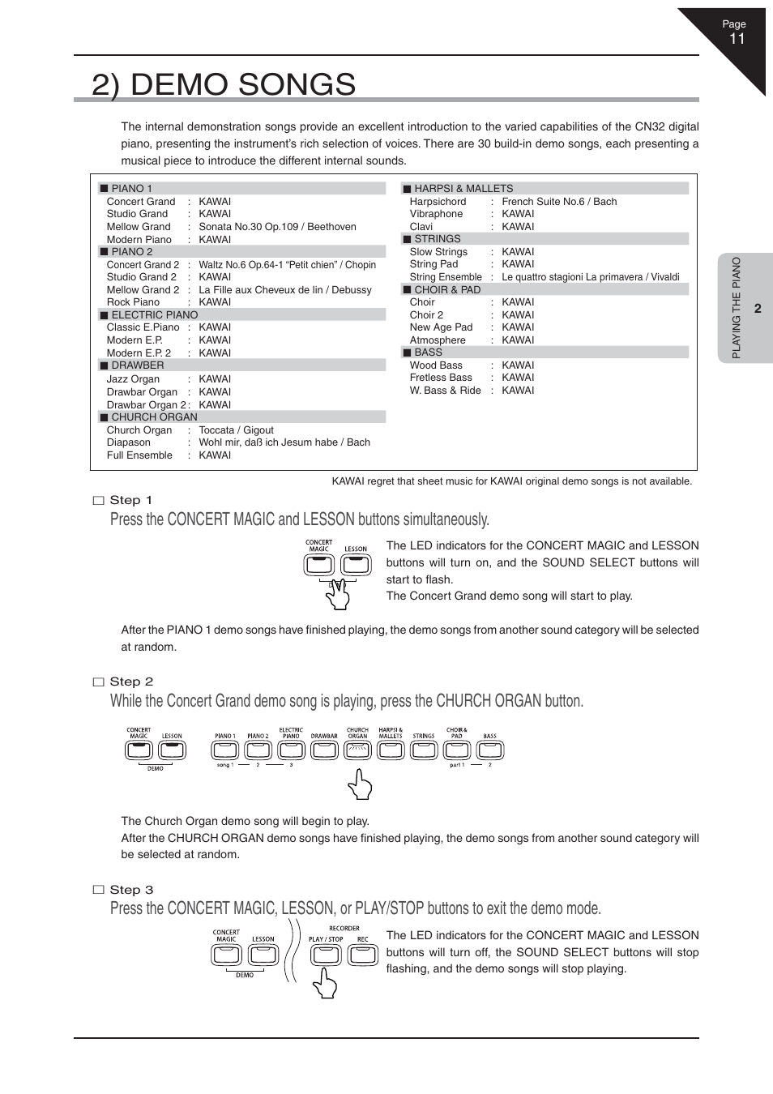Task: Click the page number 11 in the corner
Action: coord(737,39)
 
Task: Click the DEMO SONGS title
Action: coord(224,84)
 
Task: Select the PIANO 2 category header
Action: coord(131,252)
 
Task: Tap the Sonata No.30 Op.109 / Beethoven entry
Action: coord(277,227)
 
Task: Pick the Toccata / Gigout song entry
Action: coord(236,430)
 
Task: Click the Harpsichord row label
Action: coord(438,202)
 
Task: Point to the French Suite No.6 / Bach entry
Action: coord(559,202)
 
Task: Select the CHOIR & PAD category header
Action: coord(447,289)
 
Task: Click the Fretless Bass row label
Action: coord(441,378)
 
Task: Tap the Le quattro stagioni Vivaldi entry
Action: coord(590,277)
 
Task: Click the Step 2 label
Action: coord(131,682)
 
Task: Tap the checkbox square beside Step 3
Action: coord(99,890)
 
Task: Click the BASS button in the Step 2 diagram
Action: coord(490,750)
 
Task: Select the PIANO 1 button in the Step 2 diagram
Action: coord(225,750)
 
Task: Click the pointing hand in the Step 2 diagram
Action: coord(360,784)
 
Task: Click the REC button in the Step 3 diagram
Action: coord(363,954)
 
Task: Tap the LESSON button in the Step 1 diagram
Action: coord(355,564)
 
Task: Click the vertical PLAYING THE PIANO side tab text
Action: coord(737,308)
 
